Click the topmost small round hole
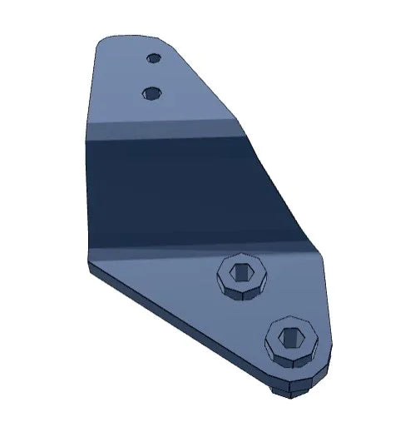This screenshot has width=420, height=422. [153, 58]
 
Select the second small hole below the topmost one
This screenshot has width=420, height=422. [151, 92]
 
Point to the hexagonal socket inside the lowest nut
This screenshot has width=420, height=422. [292, 337]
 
